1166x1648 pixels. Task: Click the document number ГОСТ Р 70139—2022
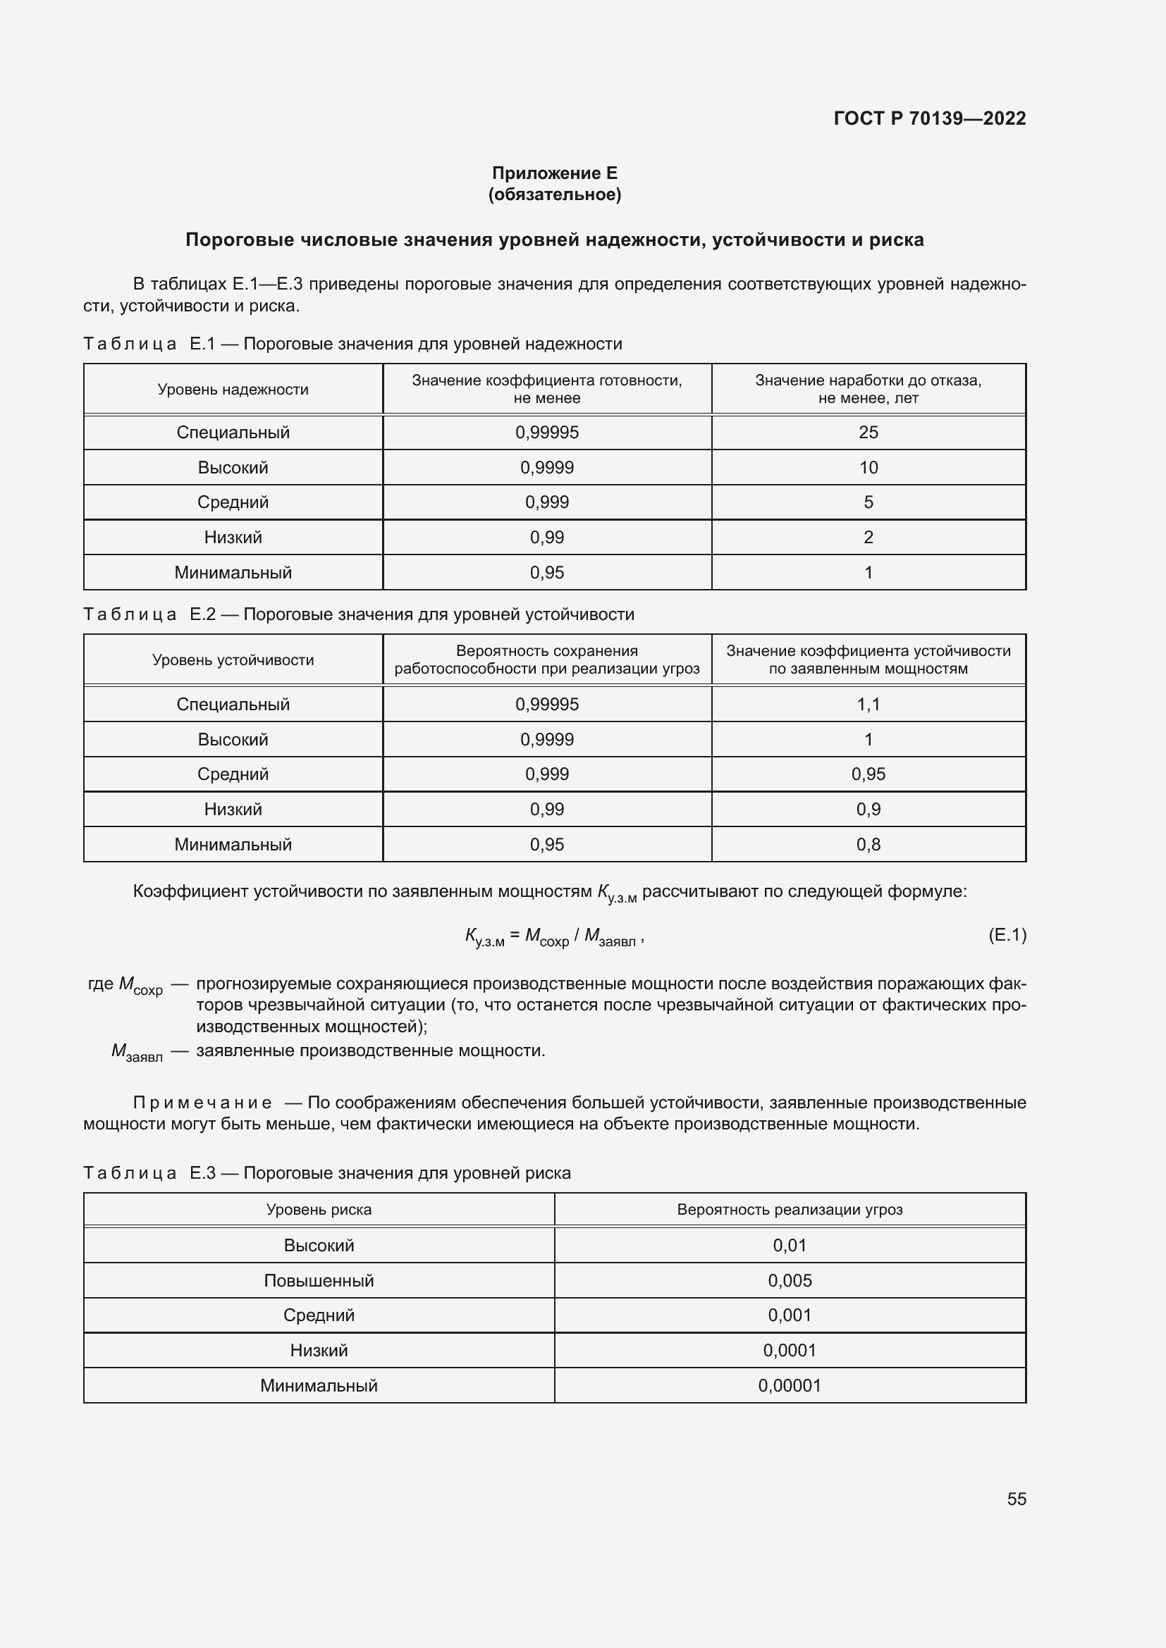[929, 118]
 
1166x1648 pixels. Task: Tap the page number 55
[1016, 1499]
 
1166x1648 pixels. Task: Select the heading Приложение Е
[554, 173]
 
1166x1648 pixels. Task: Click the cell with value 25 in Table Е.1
[868, 432]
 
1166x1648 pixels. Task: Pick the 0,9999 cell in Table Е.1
[546, 467]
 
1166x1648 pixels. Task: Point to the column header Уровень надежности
[233, 389]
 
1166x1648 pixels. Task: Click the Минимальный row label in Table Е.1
[233, 572]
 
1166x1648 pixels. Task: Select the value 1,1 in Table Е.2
[868, 704]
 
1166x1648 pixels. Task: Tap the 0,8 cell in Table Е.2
[868, 844]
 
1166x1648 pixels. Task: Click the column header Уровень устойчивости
[233, 659]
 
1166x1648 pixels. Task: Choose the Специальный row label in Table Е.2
[233, 704]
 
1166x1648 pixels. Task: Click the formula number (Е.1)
[1007, 934]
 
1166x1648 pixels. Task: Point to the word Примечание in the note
[202, 1103]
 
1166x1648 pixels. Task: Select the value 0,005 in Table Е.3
[789, 1280]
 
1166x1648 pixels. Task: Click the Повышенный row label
[319, 1280]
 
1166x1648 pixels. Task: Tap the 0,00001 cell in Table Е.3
[789, 1385]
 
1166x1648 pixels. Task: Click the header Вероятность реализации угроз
[789, 1210]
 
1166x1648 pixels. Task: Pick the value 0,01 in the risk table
[789, 1245]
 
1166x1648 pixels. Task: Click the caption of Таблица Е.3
[326, 1173]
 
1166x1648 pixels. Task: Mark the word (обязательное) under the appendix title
[554, 194]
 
